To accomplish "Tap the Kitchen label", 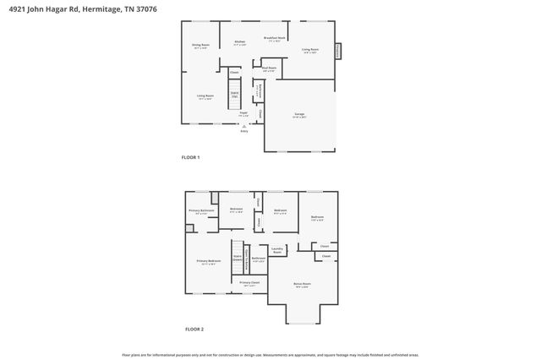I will tap(239, 42).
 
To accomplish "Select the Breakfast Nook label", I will tap(272, 40).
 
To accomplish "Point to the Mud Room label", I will tap(270, 69).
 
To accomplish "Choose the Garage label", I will tap(299, 114).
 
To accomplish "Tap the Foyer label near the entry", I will tap(243, 112).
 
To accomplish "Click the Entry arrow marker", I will tap(244, 126).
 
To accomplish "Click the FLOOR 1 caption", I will tap(192, 157).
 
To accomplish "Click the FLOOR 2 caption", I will tap(194, 329).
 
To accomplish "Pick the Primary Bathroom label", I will tap(200, 211).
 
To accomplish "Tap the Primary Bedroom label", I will tap(208, 262).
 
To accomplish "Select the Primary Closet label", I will tap(249, 283).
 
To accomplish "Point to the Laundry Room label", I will tap(276, 251).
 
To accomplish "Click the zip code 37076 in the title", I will tap(145, 8).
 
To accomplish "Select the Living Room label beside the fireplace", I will tap(310, 50).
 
